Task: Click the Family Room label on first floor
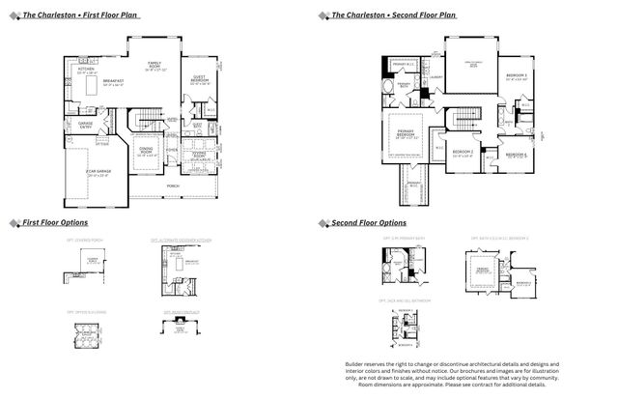pos(155,68)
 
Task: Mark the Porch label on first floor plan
pos(173,186)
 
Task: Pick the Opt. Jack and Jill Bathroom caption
pos(403,301)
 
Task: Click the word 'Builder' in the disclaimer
pos(356,364)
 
